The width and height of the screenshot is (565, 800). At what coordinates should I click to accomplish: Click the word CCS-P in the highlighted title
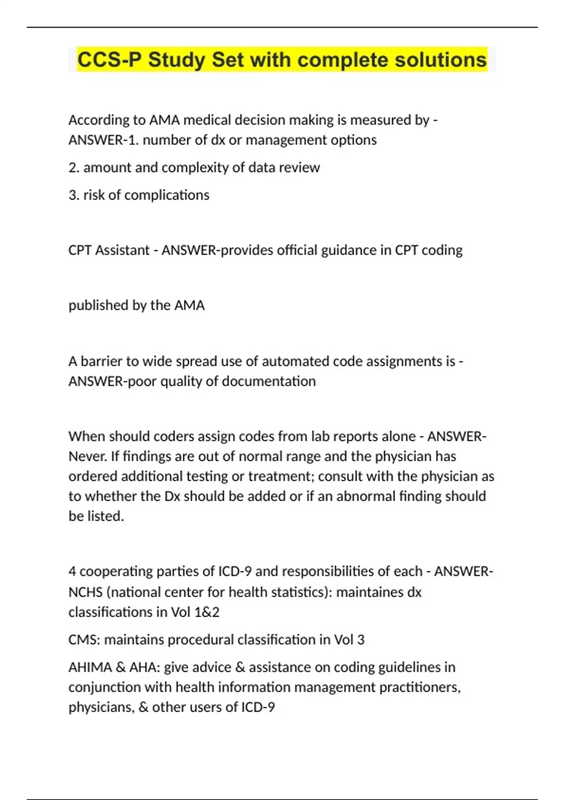click(109, 60)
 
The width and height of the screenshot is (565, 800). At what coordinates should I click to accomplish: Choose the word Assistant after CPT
click(122, 250)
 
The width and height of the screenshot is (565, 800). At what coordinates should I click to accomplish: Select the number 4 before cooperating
click(72, 571)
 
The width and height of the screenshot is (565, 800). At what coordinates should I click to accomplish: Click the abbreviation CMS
click(83, 640)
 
